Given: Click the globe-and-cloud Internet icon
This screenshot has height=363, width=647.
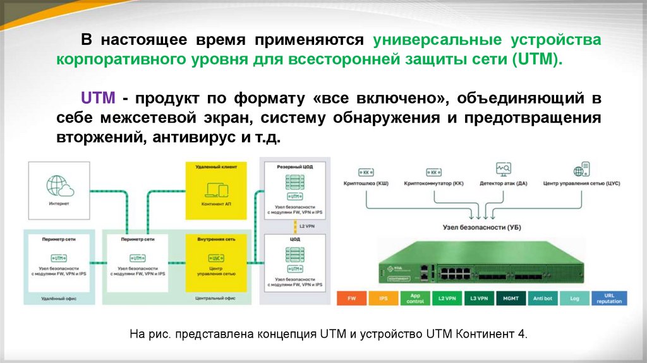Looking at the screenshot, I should [x=60, y=187].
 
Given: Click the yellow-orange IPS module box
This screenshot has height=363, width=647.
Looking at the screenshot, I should [x=384, y=298].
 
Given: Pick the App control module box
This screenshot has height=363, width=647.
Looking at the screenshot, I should [x=414, y=298].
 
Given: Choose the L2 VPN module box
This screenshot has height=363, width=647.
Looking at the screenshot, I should [x=447, y=298].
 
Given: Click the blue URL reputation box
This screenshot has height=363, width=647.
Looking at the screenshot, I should [x=609, y=298].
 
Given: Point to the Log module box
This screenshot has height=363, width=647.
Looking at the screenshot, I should [x=574, y=298].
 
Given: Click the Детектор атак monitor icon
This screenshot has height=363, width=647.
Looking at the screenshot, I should [x=504, y=169].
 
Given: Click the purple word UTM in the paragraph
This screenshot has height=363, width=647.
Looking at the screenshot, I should [x=97, y=99].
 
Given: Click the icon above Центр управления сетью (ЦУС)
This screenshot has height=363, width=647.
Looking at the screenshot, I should [x=581, y=169].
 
